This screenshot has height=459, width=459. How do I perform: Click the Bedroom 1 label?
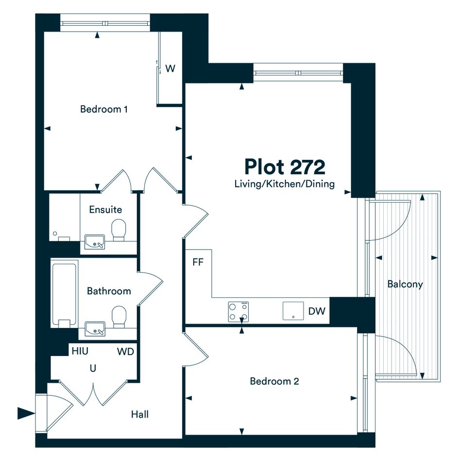pos(104,109)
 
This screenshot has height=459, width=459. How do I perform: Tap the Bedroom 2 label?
pos(274,381)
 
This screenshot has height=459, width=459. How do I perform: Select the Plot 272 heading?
pos(285,167)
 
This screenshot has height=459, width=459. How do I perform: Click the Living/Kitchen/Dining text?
pos(285,184)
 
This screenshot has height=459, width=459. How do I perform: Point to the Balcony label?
pos(405,284)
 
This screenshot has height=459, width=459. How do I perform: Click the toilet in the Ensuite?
pos(119,230)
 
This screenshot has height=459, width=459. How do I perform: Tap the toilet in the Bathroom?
pos(119,317)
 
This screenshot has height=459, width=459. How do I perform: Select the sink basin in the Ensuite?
pos(95,242)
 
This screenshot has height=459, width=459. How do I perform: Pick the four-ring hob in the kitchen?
pos(238,312)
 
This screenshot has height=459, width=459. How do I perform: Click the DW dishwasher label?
pos(317,311)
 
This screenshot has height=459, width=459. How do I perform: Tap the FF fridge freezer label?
pos(198,262)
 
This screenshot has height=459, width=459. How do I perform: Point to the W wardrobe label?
pos(170,68)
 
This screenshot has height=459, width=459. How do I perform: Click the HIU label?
pos(80,351)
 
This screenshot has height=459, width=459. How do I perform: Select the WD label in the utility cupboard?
pos(126,351)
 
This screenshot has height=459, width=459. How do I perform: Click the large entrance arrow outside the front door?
pos(26,413)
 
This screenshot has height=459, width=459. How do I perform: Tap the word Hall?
pos(139,414)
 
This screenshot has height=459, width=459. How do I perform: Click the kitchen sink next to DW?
pos(293,311)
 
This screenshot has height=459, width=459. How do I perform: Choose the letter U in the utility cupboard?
pos(93,368)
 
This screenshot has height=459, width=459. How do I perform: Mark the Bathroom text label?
pos(109,291)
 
